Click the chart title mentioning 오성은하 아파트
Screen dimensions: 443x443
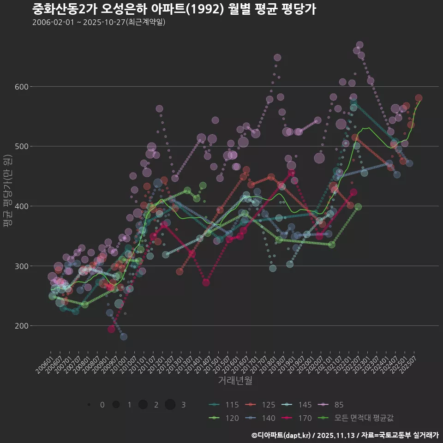click(x=174, y=9)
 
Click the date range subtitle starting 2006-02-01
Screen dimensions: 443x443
click(x=99, y=22)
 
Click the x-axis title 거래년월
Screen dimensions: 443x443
click(x=235, y=381)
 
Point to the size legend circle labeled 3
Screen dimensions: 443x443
click(x=170, y=405)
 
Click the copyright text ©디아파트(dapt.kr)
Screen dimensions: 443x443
click(x=282, y=435)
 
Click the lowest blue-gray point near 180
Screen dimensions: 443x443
click(x=124, y=337)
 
